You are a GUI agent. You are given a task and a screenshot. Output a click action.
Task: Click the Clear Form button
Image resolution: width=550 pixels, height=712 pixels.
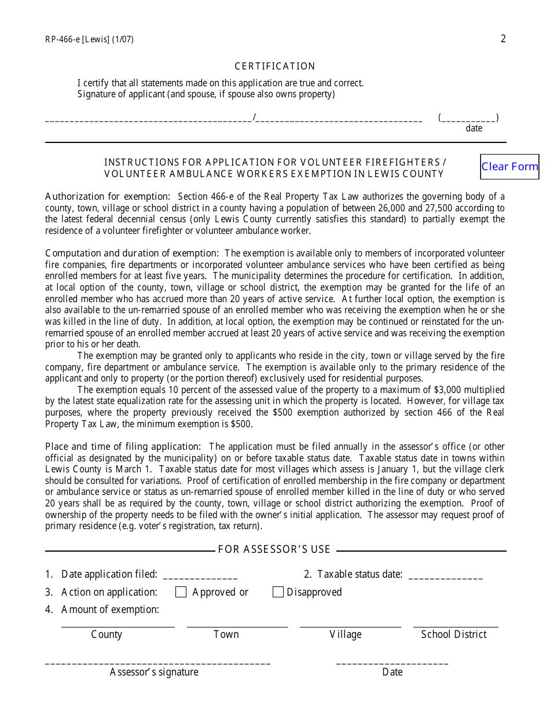pos(509,167)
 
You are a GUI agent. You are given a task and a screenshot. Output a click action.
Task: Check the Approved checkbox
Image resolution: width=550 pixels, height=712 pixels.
pos(181,592)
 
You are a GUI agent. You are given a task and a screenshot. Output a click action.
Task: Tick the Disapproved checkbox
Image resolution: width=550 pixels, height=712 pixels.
pos(278,592)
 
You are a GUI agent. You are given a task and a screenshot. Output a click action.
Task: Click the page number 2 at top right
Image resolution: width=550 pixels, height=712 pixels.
pos(503,39)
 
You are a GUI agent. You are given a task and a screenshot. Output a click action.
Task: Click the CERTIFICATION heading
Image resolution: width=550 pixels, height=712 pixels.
pos(275,67)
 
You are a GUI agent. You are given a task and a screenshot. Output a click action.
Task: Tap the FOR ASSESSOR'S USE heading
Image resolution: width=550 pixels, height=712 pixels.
pos(274,549)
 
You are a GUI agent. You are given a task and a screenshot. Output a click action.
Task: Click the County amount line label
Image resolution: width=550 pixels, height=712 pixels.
pos(107,634)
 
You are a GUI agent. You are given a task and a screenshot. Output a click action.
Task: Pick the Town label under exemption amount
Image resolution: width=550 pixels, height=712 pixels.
pos(226,634)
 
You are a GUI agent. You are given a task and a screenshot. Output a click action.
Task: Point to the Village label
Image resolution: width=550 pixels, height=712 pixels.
pos(346,634)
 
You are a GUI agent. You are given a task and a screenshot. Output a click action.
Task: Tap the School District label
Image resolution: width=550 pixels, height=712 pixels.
pos(454,634)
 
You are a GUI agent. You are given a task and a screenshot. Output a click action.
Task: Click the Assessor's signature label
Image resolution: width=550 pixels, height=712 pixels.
pos(154,672)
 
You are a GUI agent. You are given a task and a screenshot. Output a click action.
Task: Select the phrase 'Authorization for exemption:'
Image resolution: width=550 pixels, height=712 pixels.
pos(108,196)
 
